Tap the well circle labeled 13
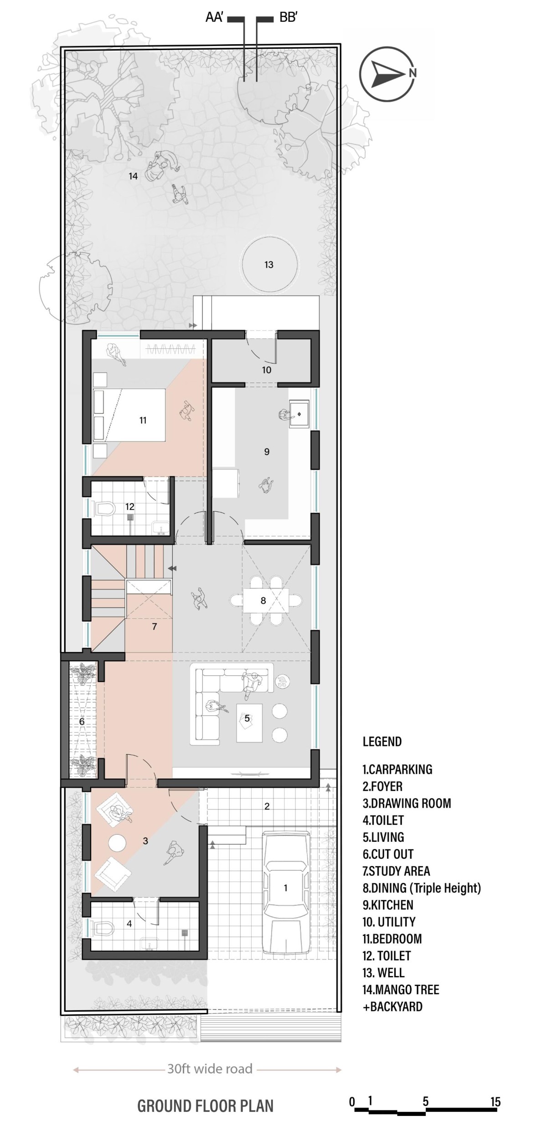(269, 264)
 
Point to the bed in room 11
(129, 415)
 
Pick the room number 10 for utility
(267, 370)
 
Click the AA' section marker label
(214, 18)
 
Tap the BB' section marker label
(289, 18)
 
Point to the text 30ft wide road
(210, 1068)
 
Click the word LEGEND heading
(382, 742)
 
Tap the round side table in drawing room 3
(117, 842)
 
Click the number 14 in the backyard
(133, 176)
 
